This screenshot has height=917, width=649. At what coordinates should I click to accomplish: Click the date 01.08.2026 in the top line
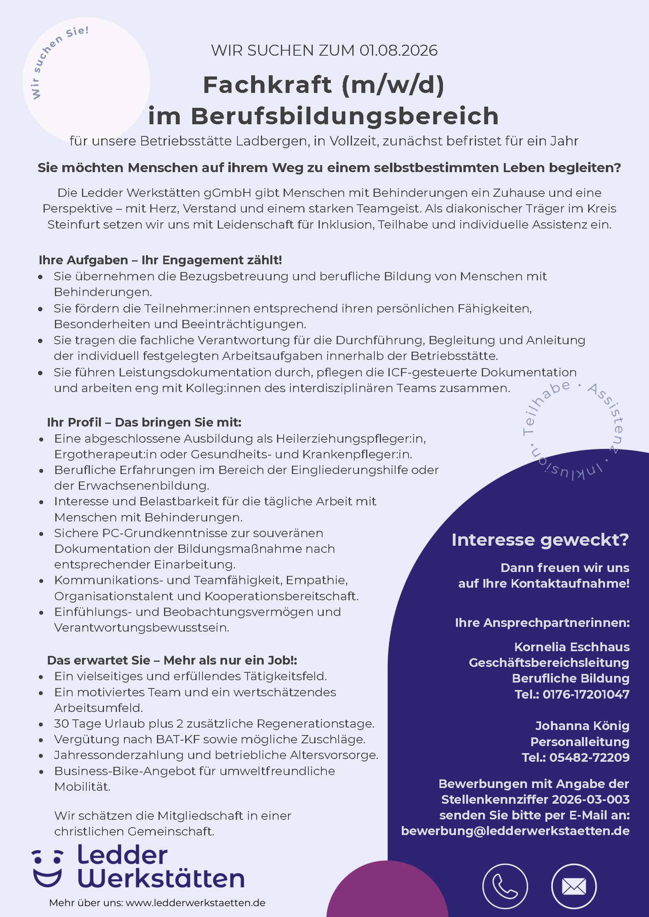(x=398, y=51)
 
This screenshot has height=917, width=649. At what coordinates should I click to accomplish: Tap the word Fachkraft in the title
(x=267, y=85)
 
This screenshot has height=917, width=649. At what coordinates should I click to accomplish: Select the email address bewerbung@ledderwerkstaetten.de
(x=515, y=831)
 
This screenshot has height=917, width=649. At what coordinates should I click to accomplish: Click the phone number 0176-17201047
(x=586, y=694)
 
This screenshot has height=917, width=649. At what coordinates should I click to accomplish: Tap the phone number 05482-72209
(x=589, y=757)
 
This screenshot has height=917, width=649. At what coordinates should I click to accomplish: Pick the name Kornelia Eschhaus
(x=571, y=647)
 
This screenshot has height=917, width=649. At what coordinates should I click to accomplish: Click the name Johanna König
(x=582, y=726)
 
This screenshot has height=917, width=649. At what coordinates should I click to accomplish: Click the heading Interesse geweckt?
(x=540, y=540)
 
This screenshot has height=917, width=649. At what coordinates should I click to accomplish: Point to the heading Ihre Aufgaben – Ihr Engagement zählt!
(x=160, y=260)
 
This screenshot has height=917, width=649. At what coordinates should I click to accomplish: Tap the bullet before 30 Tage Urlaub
(x=41, y=724)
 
